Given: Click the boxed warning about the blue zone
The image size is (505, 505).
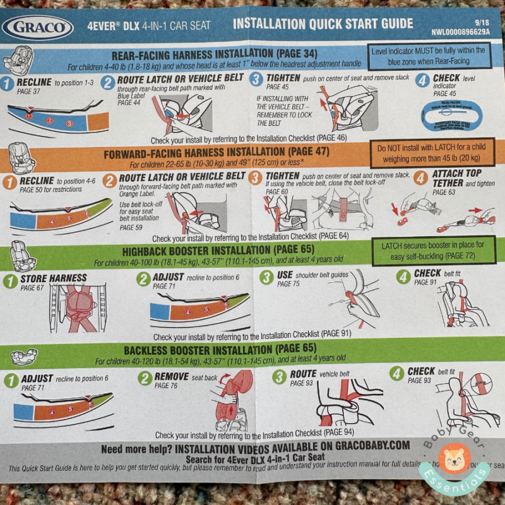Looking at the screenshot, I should click(429, 55).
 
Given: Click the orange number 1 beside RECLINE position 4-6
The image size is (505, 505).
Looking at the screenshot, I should click(9, 182).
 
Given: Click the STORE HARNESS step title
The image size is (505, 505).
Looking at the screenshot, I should click(54, 278).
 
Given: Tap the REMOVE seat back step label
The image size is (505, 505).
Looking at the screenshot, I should click(172, 376).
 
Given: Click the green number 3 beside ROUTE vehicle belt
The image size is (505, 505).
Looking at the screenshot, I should click(279, 377).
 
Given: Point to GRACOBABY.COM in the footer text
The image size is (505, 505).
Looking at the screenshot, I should click(365, 446).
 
